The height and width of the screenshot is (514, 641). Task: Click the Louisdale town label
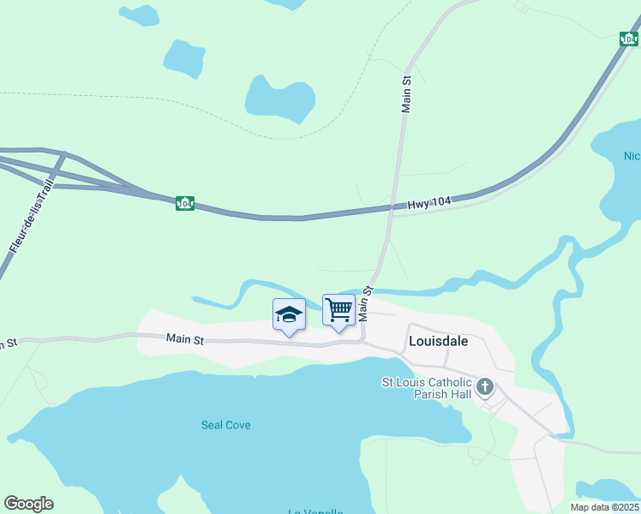(439, 341)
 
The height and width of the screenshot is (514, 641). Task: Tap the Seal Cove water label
(225, 425)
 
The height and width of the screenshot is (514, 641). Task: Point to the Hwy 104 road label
(428, 202)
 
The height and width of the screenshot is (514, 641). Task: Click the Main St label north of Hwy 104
(407, 93)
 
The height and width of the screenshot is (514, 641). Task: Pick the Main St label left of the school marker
(185, 340)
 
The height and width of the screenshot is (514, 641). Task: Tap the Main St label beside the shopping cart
(367, 303)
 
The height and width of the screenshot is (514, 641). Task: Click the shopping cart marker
(339, 309)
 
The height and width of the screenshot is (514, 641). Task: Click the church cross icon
(485, 387)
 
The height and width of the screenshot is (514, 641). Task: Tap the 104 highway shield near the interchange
(184, 203)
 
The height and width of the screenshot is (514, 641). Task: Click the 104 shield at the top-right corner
(629, 39)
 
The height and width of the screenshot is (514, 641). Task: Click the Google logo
(28, 504)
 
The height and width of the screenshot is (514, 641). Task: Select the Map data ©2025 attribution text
(604, 507)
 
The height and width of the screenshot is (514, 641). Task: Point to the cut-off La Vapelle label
(315, 511)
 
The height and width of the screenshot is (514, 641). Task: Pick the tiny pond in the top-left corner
(138, 15)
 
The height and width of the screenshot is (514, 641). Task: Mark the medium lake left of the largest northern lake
(183, 59)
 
